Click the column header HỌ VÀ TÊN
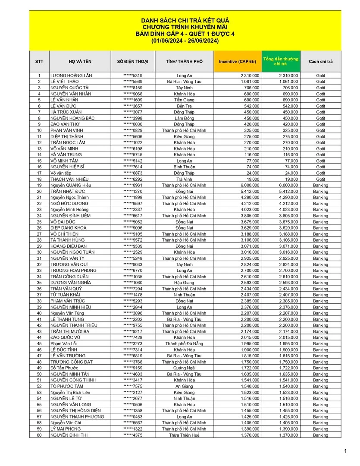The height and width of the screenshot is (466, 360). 80,62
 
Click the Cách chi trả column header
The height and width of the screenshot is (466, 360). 320,62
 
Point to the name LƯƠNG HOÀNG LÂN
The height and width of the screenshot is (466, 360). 71,76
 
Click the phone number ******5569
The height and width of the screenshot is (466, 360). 133,82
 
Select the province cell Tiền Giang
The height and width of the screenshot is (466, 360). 184,100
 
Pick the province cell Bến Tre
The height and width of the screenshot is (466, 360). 184,106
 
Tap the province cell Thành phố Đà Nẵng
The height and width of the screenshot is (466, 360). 184,344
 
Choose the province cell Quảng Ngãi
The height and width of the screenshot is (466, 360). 184,368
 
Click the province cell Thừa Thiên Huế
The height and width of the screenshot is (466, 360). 184,435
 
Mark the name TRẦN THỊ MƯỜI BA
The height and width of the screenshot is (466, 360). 70,331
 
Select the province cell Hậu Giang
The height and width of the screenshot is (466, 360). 184,283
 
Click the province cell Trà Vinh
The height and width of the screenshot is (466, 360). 184,179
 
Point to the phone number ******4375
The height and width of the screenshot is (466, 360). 133,435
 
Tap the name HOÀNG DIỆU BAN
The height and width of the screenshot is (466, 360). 68,246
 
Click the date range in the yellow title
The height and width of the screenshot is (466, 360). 185,41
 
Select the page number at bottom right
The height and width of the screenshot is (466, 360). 345,451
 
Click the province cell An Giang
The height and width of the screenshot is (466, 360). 184,386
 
